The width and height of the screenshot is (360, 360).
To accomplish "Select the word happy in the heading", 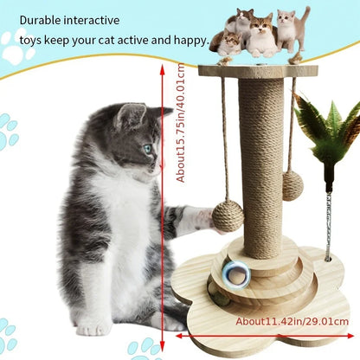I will pyautogui.click(x=186, y=40).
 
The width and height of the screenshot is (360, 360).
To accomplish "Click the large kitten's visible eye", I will pyautogui.click(x=147, y=148).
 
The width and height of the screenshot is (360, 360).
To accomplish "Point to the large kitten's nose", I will pyautogui.click(x=161, y=162).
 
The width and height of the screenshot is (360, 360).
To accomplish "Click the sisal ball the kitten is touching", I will pyautogui.click(x=228, y=215).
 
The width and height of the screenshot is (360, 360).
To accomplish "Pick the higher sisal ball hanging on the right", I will pyautogui.click(x=293, y=184).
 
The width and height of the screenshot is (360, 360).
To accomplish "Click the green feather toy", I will pyautogui.click(x=327, y=130).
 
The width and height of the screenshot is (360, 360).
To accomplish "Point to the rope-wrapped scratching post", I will pyautogui.click(x=260, y=156).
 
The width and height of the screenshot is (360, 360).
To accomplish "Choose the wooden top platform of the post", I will pyautogui.click(x=257, y=71).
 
